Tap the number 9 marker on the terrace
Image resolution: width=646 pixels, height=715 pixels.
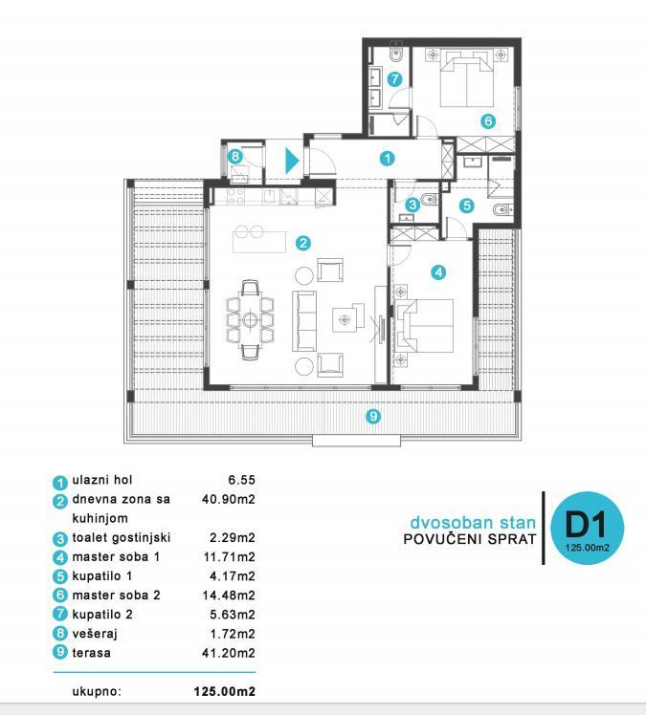pyautogui.click(x=373, y=416)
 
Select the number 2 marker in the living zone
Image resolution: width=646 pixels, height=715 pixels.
pyautogui.click(x=302, y=243)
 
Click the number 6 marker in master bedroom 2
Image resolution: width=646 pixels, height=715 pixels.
pyautogui.click(x=487, y=121)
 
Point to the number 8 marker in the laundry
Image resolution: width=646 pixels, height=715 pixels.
pyautogui.click(x=234, y=157)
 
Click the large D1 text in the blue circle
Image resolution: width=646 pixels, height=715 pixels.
pyautogui.click(x=588, y=524)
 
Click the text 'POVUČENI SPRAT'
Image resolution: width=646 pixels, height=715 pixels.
pyautogui.click(x=469, y=540)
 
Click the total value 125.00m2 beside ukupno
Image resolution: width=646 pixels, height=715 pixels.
pyautogui.click(x=224, y=690)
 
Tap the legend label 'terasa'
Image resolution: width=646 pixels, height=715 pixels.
pyautogui.click(x=92, y=653)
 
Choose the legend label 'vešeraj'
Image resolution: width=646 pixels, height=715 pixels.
pyautogui.click(x=96, y=634)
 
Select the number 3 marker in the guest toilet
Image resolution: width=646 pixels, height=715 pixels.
pyautogui.click(x=412, y=204)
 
